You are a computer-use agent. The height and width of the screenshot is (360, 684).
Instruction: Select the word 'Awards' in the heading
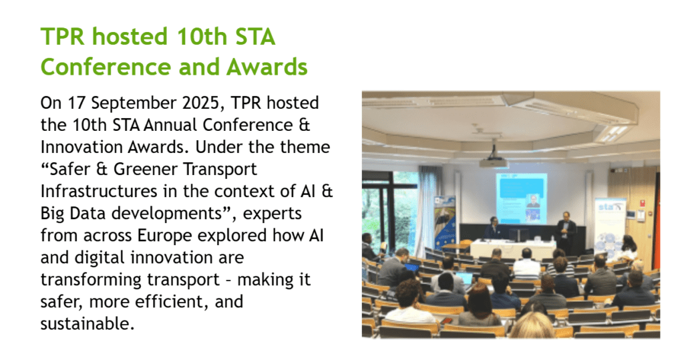(267, 67)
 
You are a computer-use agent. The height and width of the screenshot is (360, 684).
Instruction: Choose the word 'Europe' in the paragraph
(164, 236)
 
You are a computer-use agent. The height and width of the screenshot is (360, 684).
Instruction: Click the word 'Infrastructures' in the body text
(99, 191)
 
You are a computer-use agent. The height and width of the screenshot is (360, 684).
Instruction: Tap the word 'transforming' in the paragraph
(93, 280)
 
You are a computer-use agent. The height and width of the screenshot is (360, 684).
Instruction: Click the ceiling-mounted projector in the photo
(494, 162)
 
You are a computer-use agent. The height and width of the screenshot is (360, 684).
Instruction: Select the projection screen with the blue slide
(521, 198)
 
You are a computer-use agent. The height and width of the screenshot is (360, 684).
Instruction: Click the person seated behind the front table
(493, 228)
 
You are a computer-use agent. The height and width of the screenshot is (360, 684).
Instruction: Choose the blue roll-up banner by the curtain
(444, 222)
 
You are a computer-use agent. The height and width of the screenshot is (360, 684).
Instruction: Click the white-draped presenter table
(512, 248)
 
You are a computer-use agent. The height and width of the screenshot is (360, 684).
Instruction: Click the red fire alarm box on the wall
(642, 203)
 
